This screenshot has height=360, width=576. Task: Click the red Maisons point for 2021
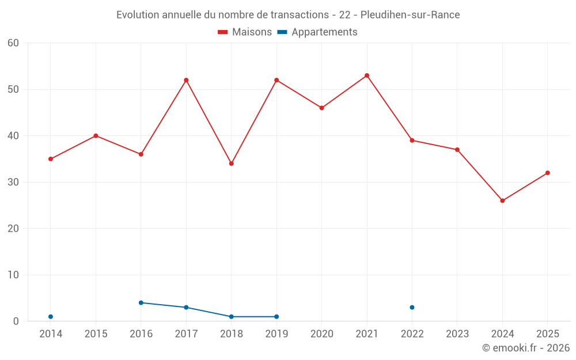point(366,75)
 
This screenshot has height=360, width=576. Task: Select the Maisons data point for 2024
point(502,200)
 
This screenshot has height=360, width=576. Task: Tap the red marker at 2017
point(186,80)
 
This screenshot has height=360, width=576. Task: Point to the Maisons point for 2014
point(51,159)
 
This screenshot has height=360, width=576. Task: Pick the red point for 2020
point(321,108)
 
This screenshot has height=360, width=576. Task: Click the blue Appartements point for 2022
point(412,308)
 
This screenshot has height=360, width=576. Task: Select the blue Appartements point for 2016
point(141,303)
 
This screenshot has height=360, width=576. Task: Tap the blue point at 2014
point(51,317)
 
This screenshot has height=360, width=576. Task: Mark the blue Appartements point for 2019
point(276,317)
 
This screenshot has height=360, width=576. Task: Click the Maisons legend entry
point(245,32)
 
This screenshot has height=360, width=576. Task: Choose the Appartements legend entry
point(317,32)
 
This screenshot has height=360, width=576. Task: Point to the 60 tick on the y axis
point(13,43)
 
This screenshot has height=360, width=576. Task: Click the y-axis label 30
point(13,182)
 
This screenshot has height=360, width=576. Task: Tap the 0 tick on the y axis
point(16,321)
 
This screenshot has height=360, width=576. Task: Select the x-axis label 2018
point(232,334)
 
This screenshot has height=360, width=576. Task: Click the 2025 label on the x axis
point(548,334)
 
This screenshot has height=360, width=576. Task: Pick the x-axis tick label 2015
point(96,334)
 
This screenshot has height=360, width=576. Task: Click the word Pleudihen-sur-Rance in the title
point(410,15)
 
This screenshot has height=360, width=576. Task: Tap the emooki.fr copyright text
point(526,347)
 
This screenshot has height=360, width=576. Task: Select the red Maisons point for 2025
point(547,173)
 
